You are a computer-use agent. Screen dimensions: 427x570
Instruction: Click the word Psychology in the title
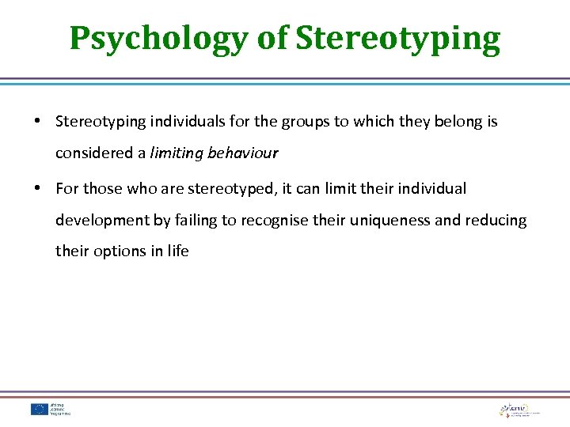tap(159, 38)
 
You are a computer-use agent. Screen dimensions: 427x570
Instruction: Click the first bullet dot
tap(38, 122)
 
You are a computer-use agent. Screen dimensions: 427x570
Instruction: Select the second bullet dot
tap(38, 189)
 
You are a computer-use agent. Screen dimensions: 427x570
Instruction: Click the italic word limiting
tap(177, 153)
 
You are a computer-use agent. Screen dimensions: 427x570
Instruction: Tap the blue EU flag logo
tap(40, 409)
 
